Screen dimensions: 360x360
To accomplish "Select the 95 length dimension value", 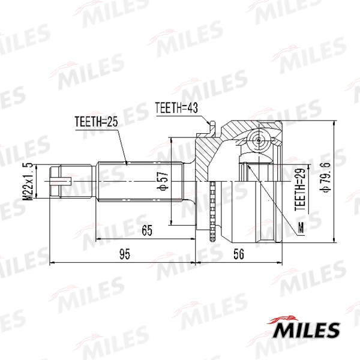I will click(124, 254).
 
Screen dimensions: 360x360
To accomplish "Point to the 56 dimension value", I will click(238, 254).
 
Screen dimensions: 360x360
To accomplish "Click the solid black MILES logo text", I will click(307, 330).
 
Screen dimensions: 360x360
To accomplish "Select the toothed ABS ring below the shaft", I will click(212, 210).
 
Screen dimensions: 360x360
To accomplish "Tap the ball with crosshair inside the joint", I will click(259, 142).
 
